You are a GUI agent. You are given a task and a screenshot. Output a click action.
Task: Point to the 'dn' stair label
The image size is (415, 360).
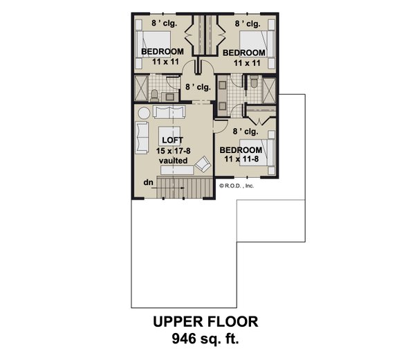tap(148, 183)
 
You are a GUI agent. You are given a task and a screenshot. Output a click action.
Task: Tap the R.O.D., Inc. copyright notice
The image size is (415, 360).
tap(239, 186)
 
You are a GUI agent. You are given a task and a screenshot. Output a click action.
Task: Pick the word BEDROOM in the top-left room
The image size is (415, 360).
tap(162, 53)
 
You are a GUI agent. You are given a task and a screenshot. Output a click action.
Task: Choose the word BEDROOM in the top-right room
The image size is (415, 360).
tap(243, 53)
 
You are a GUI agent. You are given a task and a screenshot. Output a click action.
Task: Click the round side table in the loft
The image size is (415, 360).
tap(143, 113)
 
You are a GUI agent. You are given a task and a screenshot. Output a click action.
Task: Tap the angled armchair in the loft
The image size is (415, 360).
tap(203, 165)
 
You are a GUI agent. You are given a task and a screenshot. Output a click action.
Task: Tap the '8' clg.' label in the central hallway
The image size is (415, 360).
tap(197, 87)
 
